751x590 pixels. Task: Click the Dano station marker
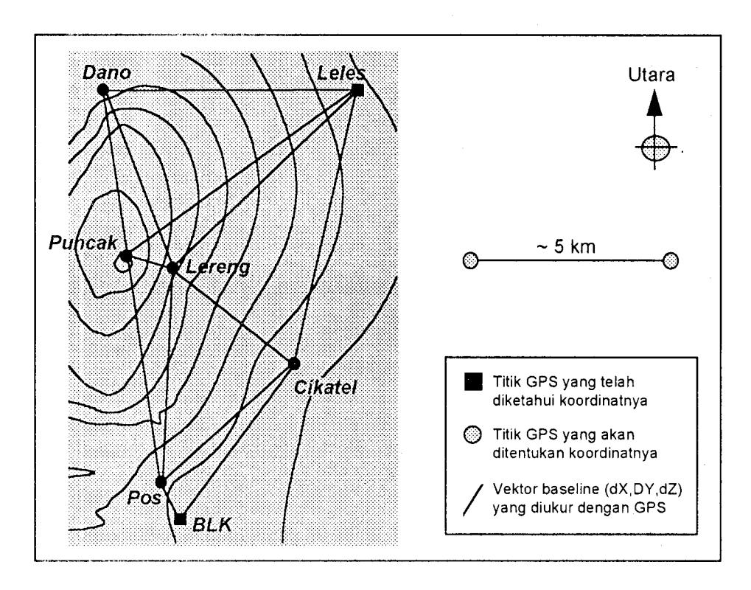(x=103, y=90)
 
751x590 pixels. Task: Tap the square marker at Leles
(x=357, y=90)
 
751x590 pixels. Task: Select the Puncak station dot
(x=125, y=257)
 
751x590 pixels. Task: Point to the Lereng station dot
(x=172, y=268)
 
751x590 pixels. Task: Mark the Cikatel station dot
(x=294, y=364)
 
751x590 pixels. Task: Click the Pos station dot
(x=161, y=482)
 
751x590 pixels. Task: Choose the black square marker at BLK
(x=180, y=518)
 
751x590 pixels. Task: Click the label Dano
(x=107, y=73)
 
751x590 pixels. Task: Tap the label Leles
(x=341, y=73)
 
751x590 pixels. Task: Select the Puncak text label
(x=83, y=243)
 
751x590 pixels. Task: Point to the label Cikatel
(x=325, y=387)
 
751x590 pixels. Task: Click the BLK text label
(x=212, y=525)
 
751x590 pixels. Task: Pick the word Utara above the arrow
(x=652, y=74)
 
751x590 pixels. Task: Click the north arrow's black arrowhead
(x=654, y=103)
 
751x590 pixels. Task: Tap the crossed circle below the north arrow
(x=655, y=147)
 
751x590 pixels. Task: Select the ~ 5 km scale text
(x=566, y=247)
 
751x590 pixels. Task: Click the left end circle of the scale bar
(x=471, y=261)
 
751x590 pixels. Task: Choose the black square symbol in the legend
(x=473, y=382)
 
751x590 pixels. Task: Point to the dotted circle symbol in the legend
(x=472, y=435)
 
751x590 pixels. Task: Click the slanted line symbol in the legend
(x=472, y=500)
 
